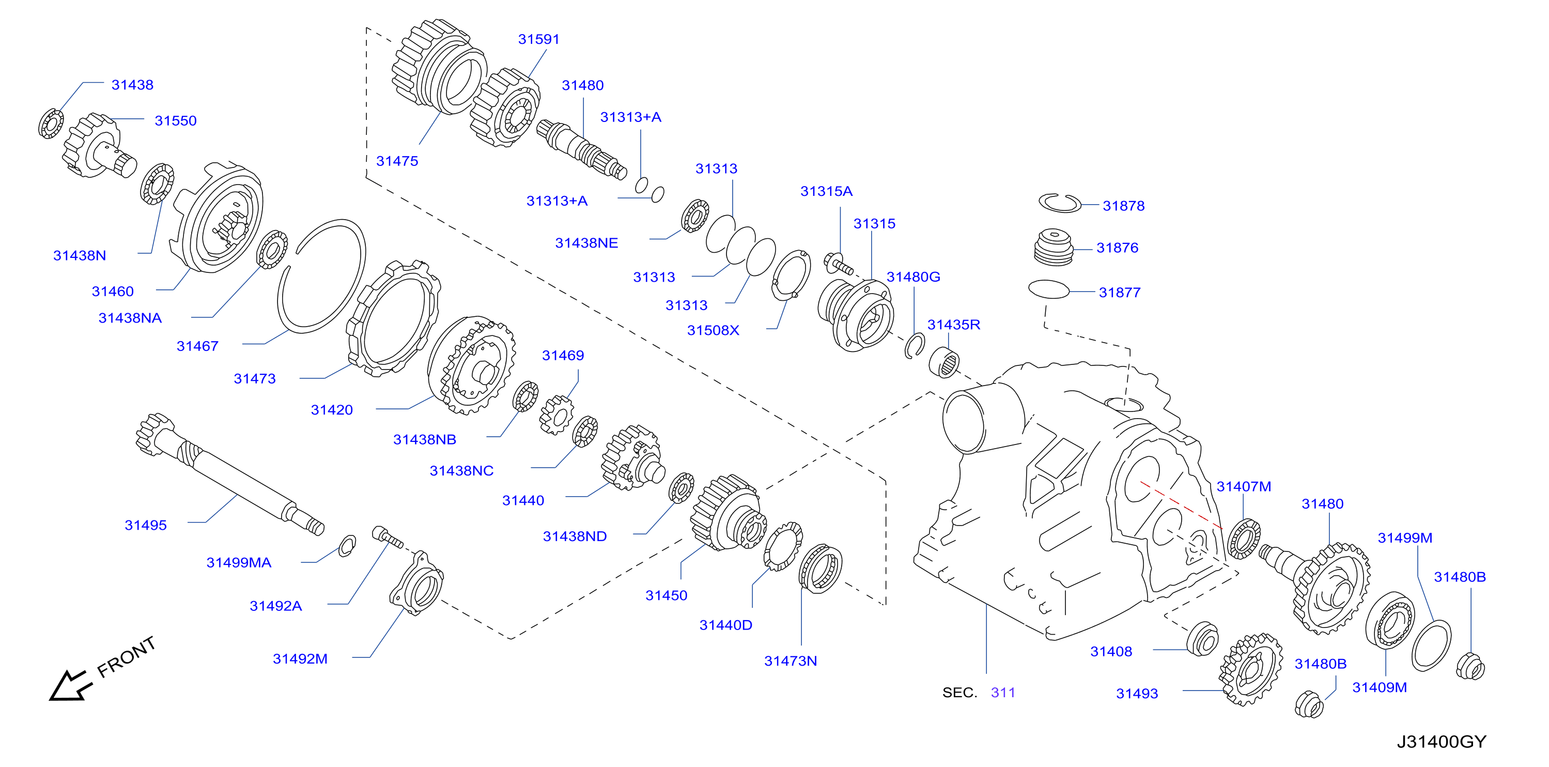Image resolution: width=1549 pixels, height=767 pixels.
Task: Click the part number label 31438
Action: point(132,85)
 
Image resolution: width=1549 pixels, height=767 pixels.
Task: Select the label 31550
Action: point(176,121)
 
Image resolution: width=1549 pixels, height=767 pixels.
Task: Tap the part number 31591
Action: point(539,39)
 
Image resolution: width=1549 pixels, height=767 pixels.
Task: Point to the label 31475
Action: point(397,161)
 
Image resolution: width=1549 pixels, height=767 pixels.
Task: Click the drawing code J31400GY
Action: point(1442,742)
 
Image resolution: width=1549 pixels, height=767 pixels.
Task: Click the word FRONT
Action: point(126,657)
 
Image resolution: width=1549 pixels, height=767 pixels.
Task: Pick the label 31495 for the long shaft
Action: point(146,525)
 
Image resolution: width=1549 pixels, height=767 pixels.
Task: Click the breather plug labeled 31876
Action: point(1054,247)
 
